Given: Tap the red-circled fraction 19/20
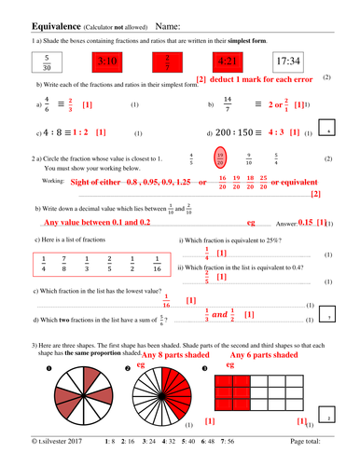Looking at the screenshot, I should coord(220,158).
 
